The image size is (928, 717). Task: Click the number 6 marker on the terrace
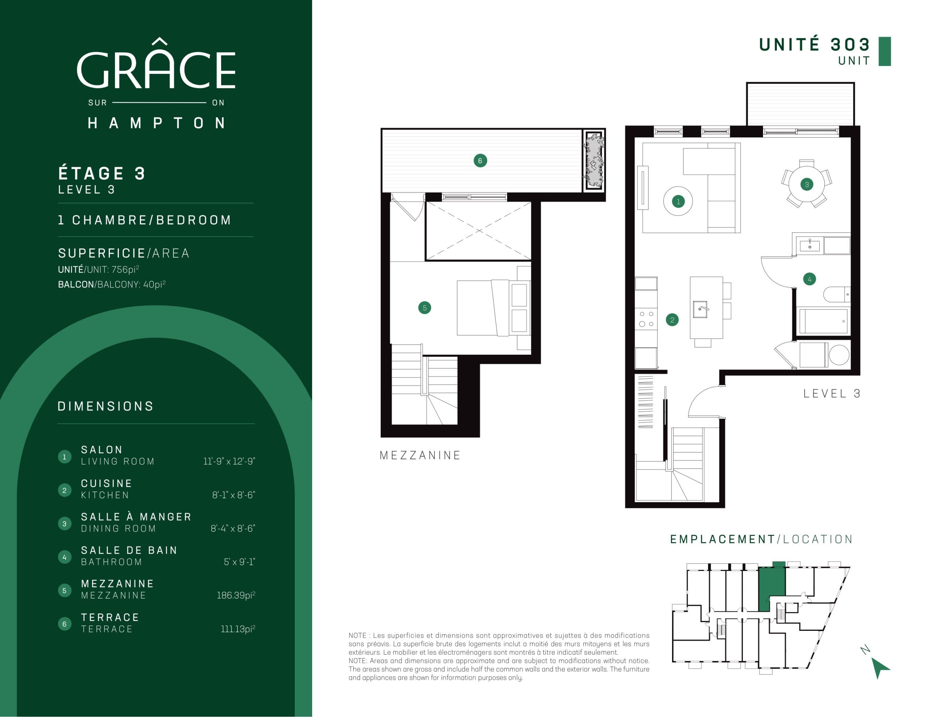(x=480, y=161)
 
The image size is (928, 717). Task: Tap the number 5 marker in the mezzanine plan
(x=424, y=308)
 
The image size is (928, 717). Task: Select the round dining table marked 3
(x=807, y=184)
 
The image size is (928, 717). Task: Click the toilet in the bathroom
(x=836, y=294)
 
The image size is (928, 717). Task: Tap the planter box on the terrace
(x=594, y=161)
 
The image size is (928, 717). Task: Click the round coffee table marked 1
(x=678, y=201)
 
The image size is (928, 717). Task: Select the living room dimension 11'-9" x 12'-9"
(x=229, y=461)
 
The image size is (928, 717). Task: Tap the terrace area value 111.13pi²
(x=238, y=629)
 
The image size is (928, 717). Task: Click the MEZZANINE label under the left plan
(x=420, y=455)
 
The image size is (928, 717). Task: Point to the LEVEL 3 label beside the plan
(x=832, y=394)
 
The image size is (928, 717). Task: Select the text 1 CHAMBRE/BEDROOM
(x=145, y=220)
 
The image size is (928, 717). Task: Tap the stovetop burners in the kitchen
(x=646, y=319)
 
